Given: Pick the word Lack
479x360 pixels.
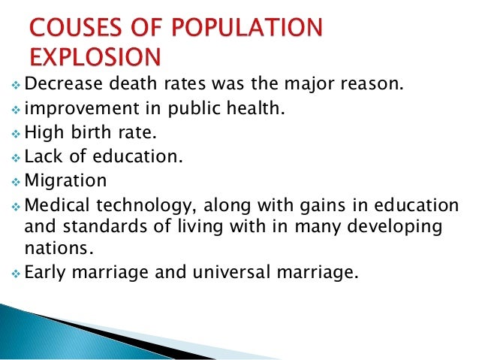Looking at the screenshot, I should [41, 159].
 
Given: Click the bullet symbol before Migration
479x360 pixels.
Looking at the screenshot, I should [17, 182].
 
